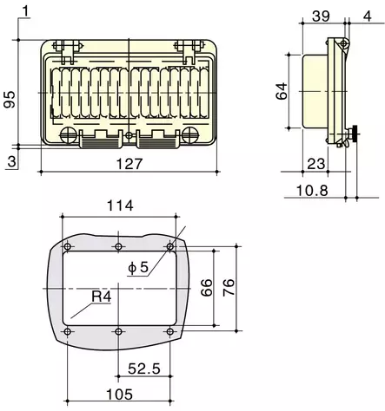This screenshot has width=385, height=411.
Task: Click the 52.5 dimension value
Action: [x=144, y=368]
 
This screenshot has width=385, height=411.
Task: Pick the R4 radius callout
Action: [x=103, y=298]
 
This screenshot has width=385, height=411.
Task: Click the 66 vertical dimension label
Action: [x=208, y=288]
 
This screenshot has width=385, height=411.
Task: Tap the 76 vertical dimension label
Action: [x=229, y=288]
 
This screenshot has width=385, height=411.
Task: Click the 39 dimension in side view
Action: [x=320, y=16]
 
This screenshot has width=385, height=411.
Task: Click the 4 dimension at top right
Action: [x=368, y=16]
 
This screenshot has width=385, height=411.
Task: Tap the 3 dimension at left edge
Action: [x=10, y=161]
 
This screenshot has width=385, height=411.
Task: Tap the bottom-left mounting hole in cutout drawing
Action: [x=67, y=331]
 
